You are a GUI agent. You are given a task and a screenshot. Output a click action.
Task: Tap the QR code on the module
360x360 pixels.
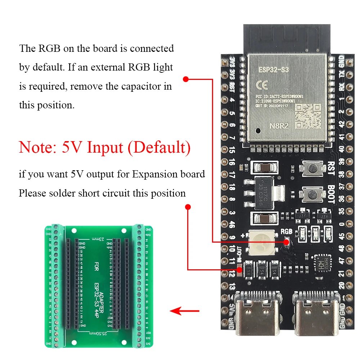pos(308,117)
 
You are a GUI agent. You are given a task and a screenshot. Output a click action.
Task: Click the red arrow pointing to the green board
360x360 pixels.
pos(184,310)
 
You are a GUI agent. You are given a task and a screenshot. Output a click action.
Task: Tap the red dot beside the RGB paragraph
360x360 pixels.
pos(186,79)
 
